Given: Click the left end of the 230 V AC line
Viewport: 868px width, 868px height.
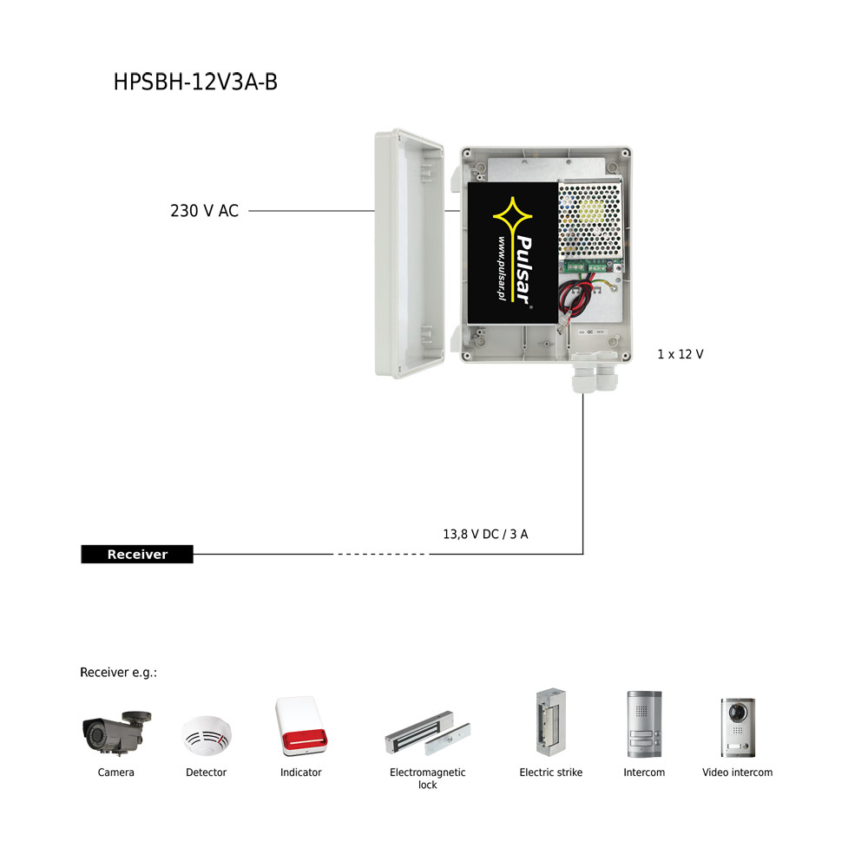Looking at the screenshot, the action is (x=249, y=211).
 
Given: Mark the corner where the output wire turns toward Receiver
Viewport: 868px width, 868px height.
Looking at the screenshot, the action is (x=583, y=554).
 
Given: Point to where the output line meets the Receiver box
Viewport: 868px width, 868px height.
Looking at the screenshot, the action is (x=194, y=554).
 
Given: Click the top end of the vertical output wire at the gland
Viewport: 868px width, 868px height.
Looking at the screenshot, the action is (x=583, y=393).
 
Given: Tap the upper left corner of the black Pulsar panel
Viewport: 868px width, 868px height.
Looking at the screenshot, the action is (x=469, y=183).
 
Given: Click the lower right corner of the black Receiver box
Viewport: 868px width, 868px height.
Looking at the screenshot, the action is (x=194, y=563).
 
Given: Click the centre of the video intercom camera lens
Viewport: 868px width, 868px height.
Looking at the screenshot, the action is (x=737, y=712).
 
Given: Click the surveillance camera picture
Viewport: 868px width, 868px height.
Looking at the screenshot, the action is (x=116, y=733).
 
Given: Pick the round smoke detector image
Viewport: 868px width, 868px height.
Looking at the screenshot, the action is (x=207, y=735).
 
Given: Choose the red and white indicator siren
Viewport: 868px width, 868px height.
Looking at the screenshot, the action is (x=301, y=726).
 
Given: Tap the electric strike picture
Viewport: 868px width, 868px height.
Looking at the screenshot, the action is (x=551, y=722).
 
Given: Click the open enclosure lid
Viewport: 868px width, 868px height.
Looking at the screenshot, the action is (x=410, y=253).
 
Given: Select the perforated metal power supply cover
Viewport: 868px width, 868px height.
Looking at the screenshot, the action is (x=590, y=220).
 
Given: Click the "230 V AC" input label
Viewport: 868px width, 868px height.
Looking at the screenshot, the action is (x=204, y=211).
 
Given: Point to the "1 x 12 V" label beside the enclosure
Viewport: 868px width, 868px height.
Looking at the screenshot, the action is (x=681, y=354).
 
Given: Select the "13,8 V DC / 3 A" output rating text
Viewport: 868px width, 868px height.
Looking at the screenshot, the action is (x=485, y=534).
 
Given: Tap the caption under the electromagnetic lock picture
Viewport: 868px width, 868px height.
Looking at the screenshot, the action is (x=427, y=779).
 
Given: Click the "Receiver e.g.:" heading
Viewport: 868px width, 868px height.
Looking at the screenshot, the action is (x=118, y=672).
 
